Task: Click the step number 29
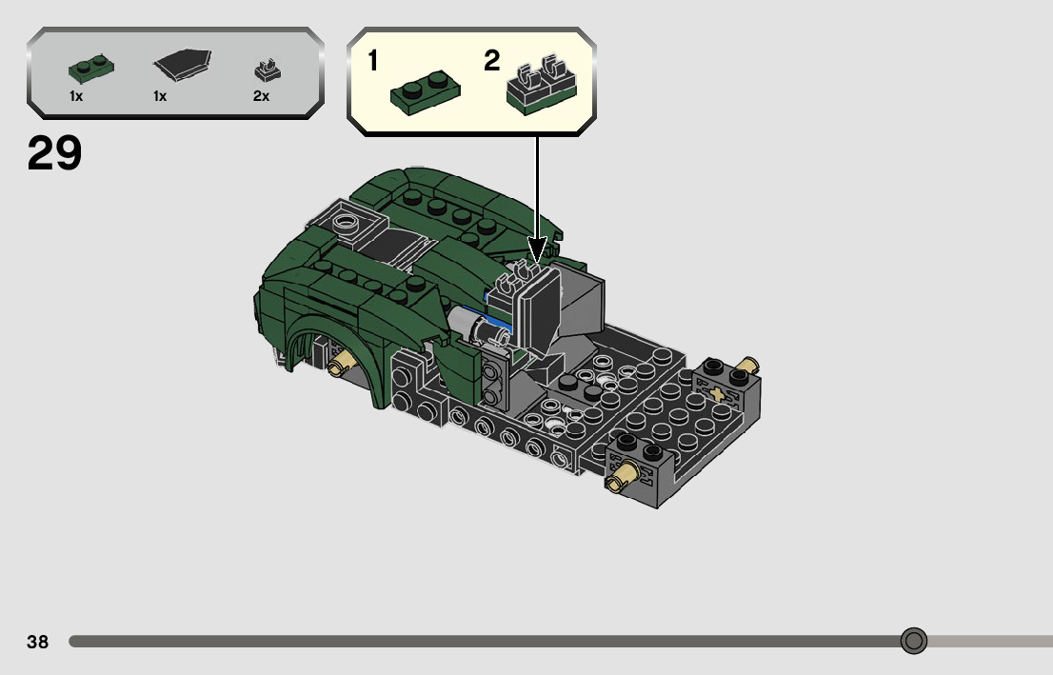(54, 153)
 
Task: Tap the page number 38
(38, 642)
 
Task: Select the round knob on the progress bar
(913, 641)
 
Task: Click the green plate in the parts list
(91, 68)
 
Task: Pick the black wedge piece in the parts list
(182, 65)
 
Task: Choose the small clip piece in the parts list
(268, 69)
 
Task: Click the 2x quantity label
(261, 97)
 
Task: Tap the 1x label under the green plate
(76, 97)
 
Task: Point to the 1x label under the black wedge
(160, 97)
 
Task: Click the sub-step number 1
(373, 61)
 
